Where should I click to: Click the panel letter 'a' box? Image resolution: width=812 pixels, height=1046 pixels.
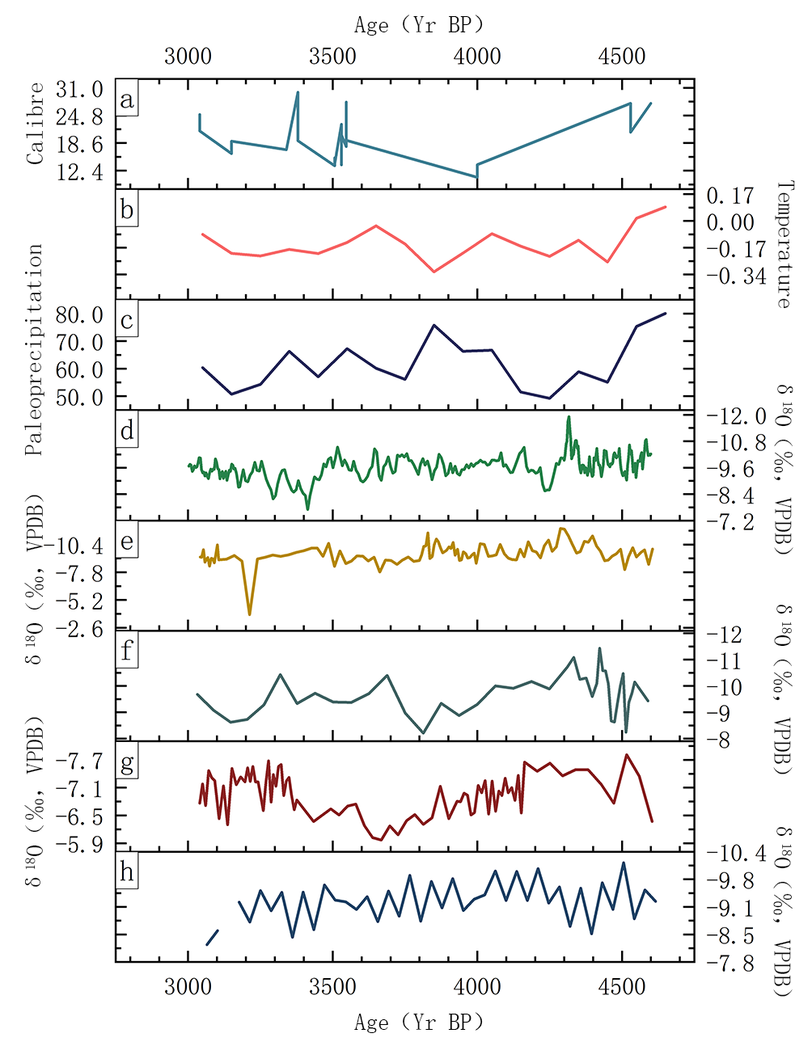click(x=127, y=100)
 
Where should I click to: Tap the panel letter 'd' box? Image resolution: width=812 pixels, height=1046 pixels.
click(x=127, y=431)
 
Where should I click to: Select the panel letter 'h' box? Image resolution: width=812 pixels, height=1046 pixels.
click(x=127, y=873)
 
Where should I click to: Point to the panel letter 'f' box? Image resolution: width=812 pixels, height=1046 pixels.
click(x=127, y=650)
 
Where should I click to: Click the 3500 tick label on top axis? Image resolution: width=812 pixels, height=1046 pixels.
click(x=332, y=56)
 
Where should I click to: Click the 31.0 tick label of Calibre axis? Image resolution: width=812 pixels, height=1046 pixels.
click(x=79, y=89)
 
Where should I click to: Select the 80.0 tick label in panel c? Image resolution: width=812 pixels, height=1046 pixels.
click(x=79, y=314)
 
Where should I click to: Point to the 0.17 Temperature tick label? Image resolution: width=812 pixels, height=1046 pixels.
click(x=730, y=196)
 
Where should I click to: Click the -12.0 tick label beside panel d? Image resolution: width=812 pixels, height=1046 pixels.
click(x=735, y=415)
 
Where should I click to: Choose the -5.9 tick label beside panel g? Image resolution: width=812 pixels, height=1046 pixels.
click(x=79, y=844)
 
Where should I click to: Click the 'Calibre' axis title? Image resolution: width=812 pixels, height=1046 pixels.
click(x=35, y=124)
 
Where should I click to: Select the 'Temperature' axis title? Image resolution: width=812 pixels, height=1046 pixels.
click(x=784, y=244)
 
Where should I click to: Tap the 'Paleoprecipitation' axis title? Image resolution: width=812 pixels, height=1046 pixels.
click(x=35, y=350)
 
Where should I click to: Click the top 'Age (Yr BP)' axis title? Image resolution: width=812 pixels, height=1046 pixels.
click(x=419, y=25)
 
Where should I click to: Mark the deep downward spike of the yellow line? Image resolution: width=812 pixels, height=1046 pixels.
click(x=249, y=614)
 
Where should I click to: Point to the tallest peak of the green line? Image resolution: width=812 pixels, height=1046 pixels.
click(x=569, y=418)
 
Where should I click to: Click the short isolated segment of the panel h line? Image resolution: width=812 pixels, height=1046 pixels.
click(x=212, y=937)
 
